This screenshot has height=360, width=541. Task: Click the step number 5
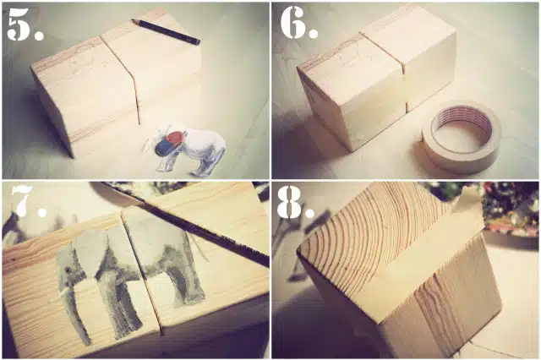tap(25, 25)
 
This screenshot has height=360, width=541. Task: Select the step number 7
tap(28, 201)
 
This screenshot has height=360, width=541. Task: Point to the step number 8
tap(295, 204)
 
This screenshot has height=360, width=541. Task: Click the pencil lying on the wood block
tap(166, 32)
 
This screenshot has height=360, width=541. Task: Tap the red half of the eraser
tap(175, 137)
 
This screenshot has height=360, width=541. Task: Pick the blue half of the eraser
tap(163, 148)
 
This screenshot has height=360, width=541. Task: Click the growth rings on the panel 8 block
tap(373, 234)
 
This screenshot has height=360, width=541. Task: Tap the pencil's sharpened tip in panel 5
tap(133, 20)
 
